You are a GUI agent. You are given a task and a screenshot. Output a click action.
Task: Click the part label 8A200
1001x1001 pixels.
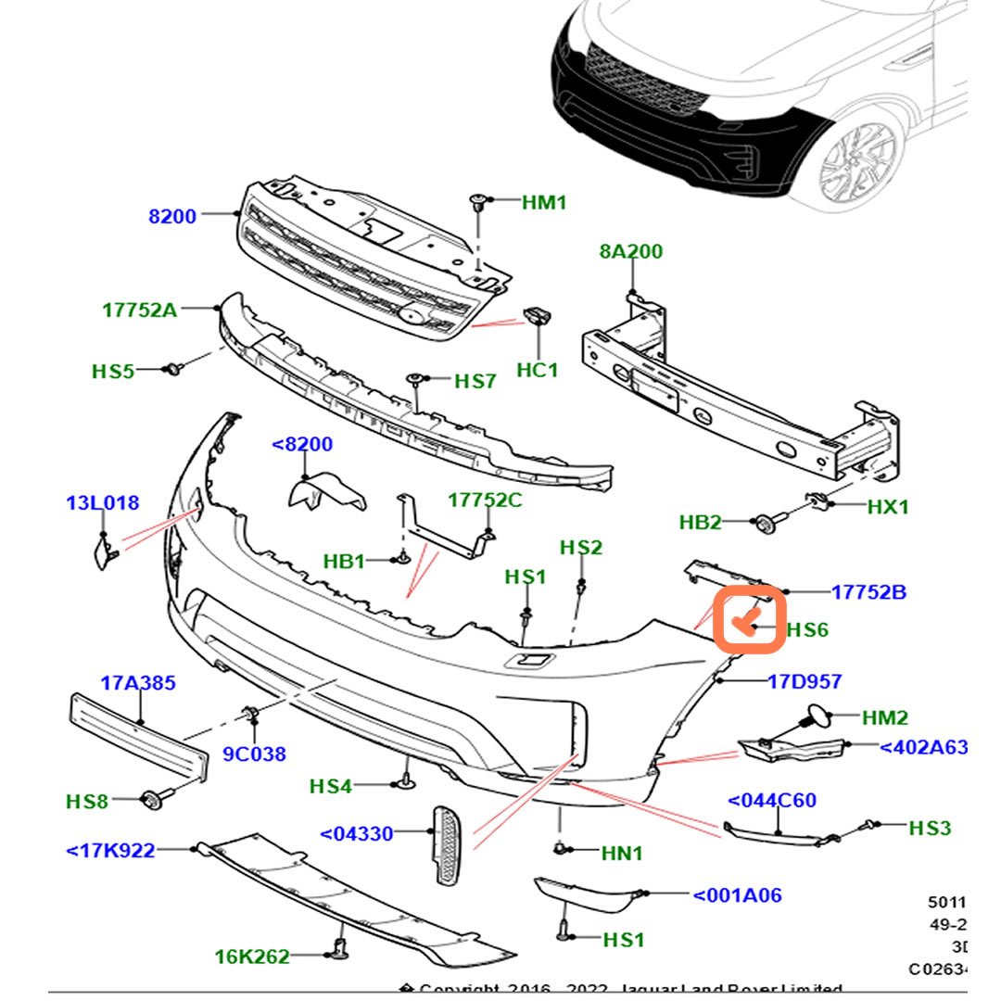click(x=630, y=251)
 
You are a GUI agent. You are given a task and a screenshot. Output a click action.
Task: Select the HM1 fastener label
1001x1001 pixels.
click(x=543, y=201)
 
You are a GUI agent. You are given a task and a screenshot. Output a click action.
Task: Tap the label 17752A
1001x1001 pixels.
click(x=139, y=310)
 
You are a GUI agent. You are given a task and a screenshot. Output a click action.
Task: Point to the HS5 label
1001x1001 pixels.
click(x=113, y=372)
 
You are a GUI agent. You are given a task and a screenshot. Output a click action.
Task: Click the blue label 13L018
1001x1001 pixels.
click(x=102, y=503)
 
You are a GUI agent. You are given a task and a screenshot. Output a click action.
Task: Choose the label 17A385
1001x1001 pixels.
click(x=137, y=684)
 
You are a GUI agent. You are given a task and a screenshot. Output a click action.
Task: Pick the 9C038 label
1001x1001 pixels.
click(x=254, y=754)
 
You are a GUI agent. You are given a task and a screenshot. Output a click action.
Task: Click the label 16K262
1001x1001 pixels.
click(x=252, y=957)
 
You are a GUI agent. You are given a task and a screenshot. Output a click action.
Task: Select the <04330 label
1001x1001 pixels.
click(x=357, y=834)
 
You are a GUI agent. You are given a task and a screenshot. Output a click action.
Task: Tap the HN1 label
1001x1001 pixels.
click(x=622, y=853)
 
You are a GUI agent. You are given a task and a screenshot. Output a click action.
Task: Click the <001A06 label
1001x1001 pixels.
click(x=737, y=895)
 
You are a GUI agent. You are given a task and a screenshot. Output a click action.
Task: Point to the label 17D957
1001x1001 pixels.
click(x=805, y=682)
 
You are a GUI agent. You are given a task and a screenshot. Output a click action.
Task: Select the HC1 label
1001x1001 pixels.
click(x=537, y=371)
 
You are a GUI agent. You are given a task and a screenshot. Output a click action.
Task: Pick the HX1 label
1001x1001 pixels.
click(x=888, y=507)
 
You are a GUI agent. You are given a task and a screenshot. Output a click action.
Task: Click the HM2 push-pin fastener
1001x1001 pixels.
click(x=817, y=717)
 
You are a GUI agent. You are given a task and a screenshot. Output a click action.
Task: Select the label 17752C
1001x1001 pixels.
click(x=485, y=500)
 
